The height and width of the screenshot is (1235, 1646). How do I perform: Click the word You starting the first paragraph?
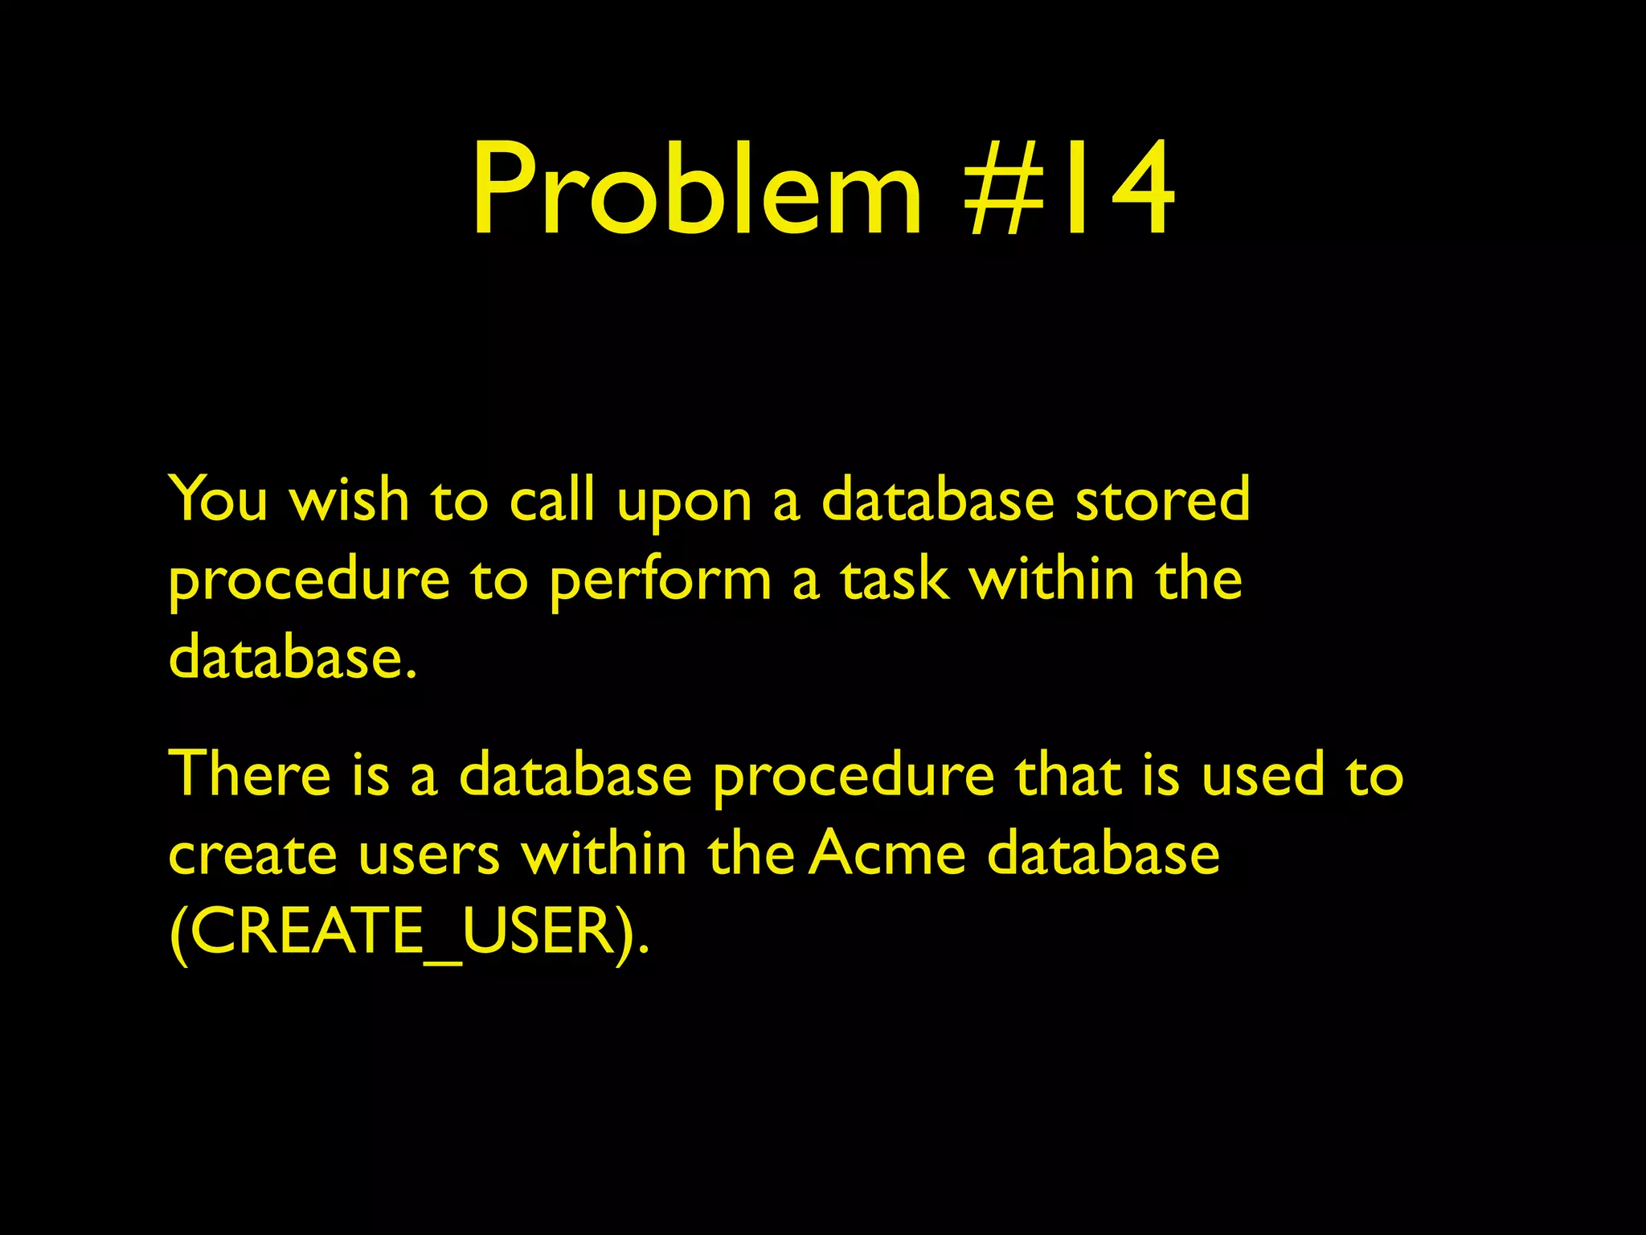pos(218,499)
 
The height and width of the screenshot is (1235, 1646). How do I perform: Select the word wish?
pos(350,499)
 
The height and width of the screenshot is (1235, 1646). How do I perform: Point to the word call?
pos(552,499)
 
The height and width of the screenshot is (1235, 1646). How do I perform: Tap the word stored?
pos(1162,499)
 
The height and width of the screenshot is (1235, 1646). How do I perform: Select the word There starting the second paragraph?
pos(250,773)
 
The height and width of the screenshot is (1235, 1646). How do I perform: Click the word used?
pos(1263,773)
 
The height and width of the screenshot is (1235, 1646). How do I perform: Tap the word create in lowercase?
pos(252,854)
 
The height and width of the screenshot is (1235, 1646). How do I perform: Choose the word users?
pos(429,854)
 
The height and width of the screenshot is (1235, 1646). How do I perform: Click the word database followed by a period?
pos(293,657)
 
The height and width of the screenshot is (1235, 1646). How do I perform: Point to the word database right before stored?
pos(937,499)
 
